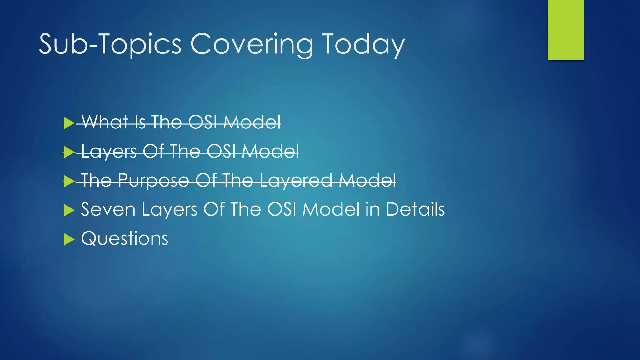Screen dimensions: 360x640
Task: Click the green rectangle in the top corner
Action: [x=566, y=30]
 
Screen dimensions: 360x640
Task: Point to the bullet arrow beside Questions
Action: [x=69, y=240]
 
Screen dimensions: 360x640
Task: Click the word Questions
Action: [x=125, y=239]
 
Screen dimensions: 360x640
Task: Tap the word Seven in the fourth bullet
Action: [x=108, y=209]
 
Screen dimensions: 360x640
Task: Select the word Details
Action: [x=415, y=209]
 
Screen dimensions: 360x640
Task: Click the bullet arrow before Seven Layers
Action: [x=69, y=211]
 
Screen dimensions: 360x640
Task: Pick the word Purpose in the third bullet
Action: [x=153, y=180]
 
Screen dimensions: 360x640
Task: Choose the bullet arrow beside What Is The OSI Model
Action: [x=69, y=123]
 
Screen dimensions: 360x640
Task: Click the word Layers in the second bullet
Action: [x=109, y=151]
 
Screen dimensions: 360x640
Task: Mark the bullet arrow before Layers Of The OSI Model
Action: [x=69, y=152]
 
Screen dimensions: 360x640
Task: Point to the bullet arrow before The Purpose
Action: [x=69, y=182]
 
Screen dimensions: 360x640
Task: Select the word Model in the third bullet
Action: [x=367, y=180]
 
